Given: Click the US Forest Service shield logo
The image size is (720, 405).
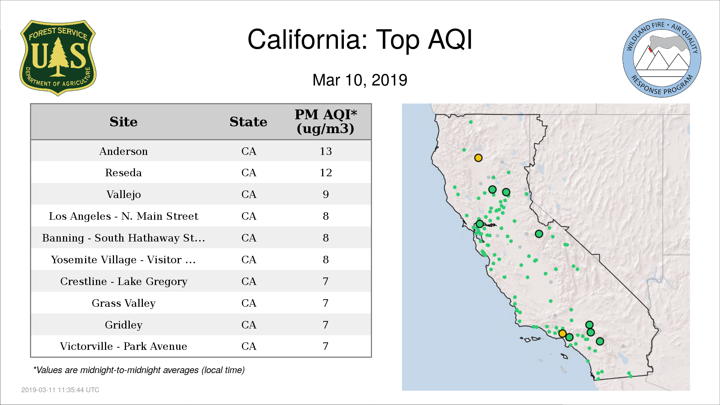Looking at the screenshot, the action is click(x=58, y=58).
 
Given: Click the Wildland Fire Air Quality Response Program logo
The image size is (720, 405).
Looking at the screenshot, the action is click(x=661, y=58).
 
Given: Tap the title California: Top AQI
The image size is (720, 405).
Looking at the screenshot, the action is click(x=360, y=39).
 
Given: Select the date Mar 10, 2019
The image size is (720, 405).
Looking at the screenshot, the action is click(x=360, y=80).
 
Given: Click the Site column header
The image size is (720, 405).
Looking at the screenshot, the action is click(x=123, y=122).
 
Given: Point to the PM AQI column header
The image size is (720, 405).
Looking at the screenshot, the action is click(x=325, y=121).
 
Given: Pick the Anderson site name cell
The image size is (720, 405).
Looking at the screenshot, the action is click(x=123, y=151).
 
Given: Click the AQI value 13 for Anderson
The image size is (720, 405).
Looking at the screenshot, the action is click(x=325, y=151).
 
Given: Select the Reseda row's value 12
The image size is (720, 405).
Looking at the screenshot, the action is click(x=325, y=173).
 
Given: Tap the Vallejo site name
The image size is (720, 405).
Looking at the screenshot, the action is click(x=123, y=195).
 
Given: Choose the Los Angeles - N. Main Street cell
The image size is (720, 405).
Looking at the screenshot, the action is click(x=123, y=216).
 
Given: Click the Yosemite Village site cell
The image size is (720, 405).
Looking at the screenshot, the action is click(x=123, y=260).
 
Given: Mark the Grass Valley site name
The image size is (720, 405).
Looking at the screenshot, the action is click(x=123, y=303).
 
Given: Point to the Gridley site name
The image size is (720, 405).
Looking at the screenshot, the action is click(x=123, y=325).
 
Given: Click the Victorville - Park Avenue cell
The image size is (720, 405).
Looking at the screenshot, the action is click(x=123, y=346).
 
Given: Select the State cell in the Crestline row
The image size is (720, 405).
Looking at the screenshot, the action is click(x=249, y=282).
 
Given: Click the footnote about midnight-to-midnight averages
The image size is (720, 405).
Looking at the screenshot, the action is click(x=139, y=370).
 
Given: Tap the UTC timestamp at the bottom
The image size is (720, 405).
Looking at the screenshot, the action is click(x=60, y=390).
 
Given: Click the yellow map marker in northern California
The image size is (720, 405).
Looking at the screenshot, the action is click(x=478, y=158).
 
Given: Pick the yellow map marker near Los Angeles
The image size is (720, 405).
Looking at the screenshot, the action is click(x=562, y=333).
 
